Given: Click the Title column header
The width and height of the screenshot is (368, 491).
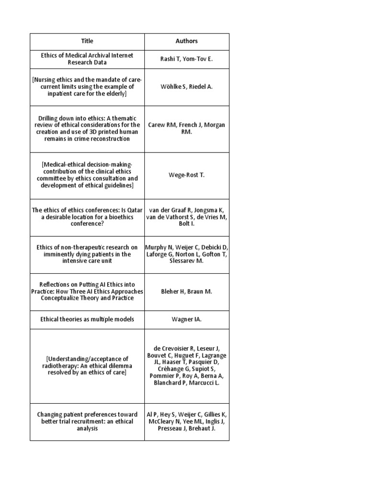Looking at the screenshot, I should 87,41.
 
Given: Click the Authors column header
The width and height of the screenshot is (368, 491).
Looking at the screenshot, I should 186,41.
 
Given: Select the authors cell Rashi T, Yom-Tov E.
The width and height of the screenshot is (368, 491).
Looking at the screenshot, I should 186,59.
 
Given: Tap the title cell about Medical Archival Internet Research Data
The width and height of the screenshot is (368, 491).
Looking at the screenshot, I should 87,59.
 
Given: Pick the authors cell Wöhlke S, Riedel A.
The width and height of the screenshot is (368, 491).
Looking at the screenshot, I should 186,87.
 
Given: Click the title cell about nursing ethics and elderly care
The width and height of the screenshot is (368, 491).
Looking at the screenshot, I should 87,87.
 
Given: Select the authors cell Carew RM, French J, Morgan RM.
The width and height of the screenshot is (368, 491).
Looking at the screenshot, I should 186,128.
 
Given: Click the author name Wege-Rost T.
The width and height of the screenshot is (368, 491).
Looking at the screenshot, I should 186,175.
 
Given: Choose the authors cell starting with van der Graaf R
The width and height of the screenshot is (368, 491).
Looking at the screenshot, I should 186,217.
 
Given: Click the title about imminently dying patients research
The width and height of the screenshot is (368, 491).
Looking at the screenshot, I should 87,254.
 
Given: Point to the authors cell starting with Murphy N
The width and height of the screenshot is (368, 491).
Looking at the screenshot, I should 186,254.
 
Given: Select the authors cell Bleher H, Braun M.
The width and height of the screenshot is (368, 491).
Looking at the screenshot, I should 186,291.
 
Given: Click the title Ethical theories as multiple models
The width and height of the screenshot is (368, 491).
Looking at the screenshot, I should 87,319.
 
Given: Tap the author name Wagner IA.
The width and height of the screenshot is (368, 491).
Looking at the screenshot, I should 186,319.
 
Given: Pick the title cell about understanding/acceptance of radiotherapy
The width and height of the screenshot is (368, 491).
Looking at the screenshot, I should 87,365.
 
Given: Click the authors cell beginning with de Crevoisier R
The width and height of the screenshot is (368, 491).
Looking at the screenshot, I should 186,365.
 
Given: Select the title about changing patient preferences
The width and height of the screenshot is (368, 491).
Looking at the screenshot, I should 87,421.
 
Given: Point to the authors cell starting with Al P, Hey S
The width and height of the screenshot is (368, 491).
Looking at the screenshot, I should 186,421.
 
